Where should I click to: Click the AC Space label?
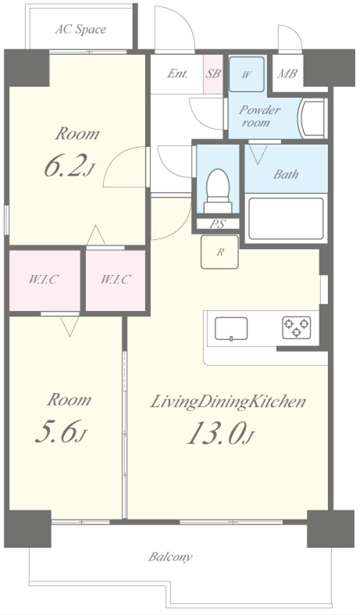point(80,30)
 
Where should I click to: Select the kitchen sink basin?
point(231,328)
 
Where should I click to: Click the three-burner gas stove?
point(297,327)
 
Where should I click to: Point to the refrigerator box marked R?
point(219,252)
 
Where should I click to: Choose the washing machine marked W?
point(246,74)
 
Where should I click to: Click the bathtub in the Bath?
point(286,219)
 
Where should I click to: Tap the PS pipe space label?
point(217,224)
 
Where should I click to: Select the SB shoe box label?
point(212,73)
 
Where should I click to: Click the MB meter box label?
point(287,73)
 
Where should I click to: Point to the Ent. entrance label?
point(177,73)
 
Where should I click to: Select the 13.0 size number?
point(220,434)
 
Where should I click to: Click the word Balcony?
point(170,557)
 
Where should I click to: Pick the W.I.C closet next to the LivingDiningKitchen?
point(116,280)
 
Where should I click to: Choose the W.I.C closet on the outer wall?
point(44,280)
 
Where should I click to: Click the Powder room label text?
point(258,116)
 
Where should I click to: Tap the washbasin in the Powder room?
point(312,118)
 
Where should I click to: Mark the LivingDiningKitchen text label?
point(228,402)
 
